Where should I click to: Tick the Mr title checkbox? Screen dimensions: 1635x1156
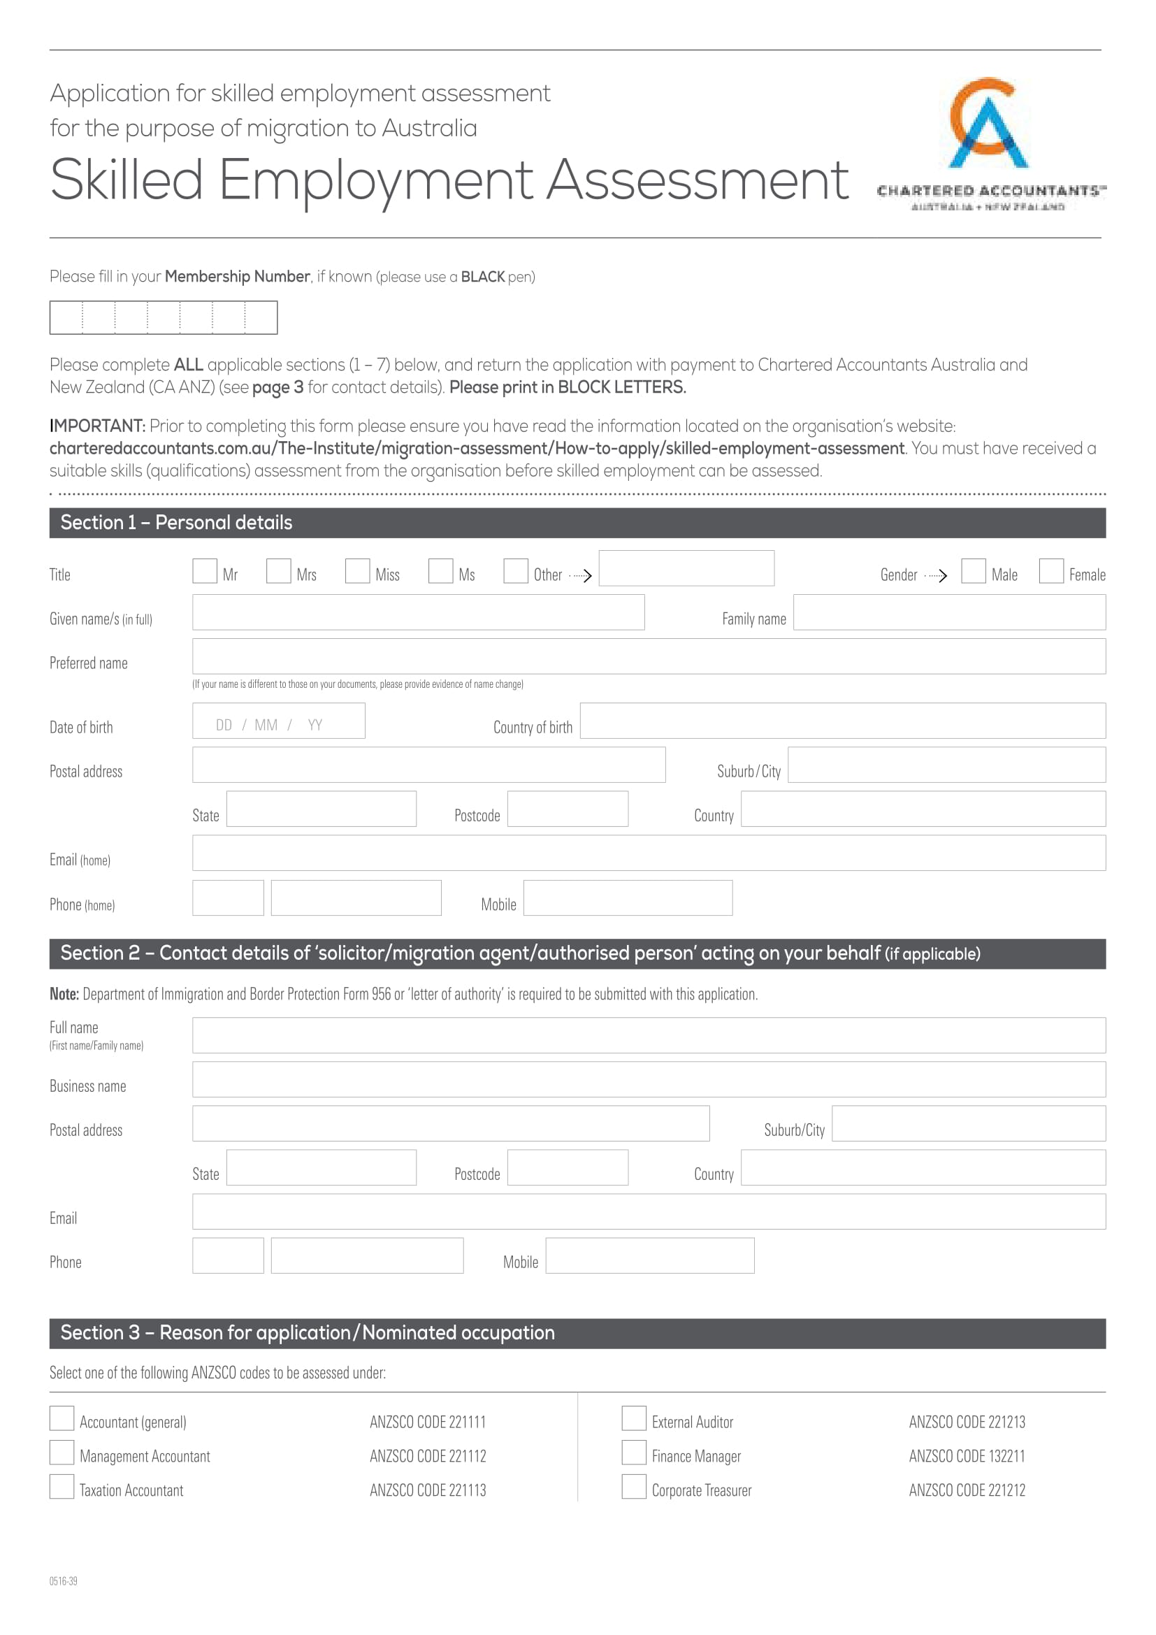204,571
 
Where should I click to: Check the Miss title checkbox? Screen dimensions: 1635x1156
357,571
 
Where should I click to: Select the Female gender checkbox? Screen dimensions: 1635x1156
1050,571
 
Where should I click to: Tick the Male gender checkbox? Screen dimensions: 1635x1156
973,571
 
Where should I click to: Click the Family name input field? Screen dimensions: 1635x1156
949,612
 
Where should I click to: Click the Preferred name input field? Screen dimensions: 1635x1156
649,656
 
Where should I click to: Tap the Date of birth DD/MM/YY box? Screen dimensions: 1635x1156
278,721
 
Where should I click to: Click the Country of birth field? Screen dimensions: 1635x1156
842,721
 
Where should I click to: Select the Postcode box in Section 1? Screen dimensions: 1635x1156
568,809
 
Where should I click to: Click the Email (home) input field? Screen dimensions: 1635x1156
649,853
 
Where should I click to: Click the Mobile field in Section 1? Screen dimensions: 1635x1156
628,898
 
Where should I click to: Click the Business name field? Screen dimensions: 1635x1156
649,1079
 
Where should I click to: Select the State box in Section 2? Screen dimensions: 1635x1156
321,1168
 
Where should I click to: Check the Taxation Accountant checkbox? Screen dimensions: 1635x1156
62,1487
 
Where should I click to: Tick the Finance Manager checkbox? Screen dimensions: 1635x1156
633,1453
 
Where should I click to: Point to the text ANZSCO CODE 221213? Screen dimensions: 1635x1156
967,1422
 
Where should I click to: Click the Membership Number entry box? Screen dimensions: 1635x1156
163,317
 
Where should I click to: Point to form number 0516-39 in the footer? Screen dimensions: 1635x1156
64,1581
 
